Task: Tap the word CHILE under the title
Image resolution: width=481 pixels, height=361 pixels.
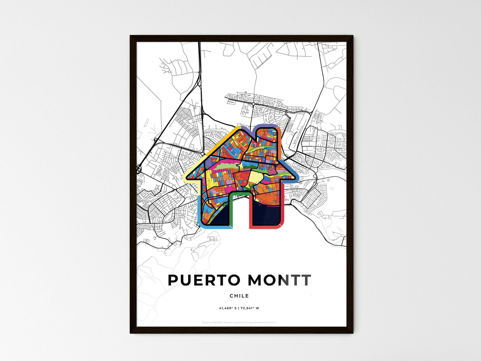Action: tap(239, 296)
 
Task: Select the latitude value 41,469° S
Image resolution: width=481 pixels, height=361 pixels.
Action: tap(228, 308)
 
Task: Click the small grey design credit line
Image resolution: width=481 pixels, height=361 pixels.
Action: tap(239, 322)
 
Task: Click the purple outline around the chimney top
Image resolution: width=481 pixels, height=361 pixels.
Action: tap(266, 126)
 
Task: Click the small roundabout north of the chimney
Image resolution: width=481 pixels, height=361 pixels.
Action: tap(253, 104)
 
